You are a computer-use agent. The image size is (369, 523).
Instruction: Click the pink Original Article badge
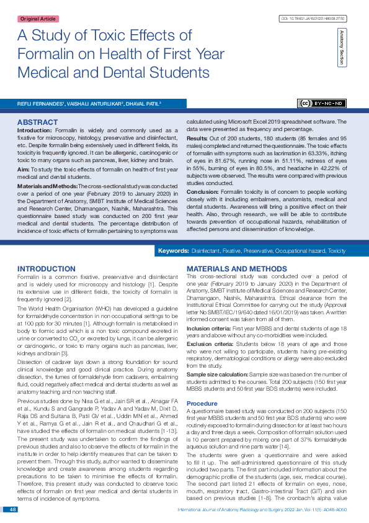(38, 19)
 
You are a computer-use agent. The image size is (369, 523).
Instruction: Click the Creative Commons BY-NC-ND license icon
(322, 103)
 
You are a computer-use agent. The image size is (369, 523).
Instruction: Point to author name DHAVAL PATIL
(143, 104)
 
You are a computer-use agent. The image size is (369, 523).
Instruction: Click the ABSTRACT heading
(38, 122)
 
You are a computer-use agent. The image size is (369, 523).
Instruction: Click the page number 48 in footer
(12, 509)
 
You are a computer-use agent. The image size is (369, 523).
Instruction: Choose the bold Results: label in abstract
(197, 137)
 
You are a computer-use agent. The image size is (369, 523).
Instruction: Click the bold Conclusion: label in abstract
(202, 192)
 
